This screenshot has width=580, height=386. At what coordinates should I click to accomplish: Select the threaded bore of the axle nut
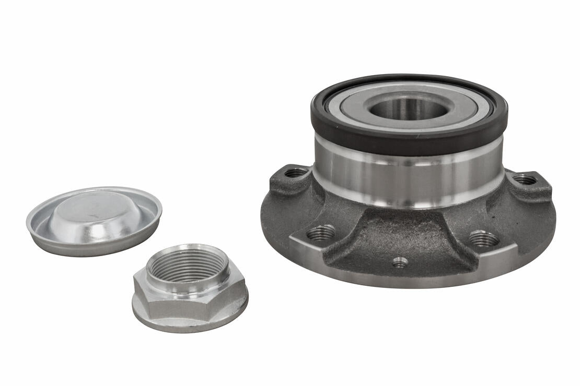[188, 266]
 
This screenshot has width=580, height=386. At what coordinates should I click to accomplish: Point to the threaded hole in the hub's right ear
[525, 179]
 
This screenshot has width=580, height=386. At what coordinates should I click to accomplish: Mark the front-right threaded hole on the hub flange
[484, 239]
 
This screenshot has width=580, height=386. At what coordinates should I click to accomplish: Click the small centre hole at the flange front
[400, 262]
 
